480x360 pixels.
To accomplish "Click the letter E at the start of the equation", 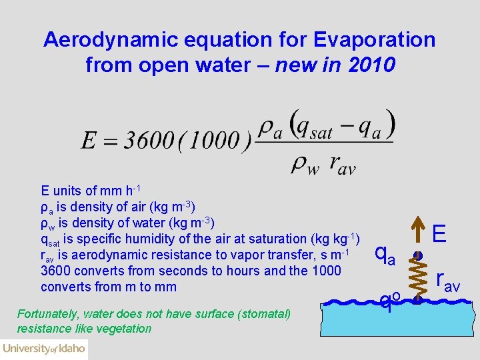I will (89, 141).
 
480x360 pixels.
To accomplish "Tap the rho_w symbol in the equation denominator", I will (301, 165).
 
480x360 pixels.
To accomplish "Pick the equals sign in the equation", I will (111, 141).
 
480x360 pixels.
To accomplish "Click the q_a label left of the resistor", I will (385, 253).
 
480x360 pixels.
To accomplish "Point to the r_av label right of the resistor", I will (447, 281).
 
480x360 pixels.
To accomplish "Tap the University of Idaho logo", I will (43, 348).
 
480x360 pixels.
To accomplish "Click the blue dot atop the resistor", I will (419, 255).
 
